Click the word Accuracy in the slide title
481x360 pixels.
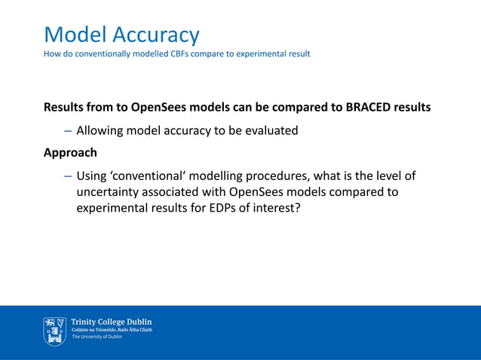click(x=156, y=35)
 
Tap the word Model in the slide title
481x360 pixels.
click(x=75, y=35)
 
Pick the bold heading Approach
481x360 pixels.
click(x=70, y=153)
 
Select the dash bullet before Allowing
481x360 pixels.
click(x=67, y=130)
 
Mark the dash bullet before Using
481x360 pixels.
click(x=67, y=176)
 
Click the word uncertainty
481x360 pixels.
click(x=111, y=192)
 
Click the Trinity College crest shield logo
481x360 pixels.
click(x=54, y=331)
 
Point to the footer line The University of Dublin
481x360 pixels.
click(x=97, y=337)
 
